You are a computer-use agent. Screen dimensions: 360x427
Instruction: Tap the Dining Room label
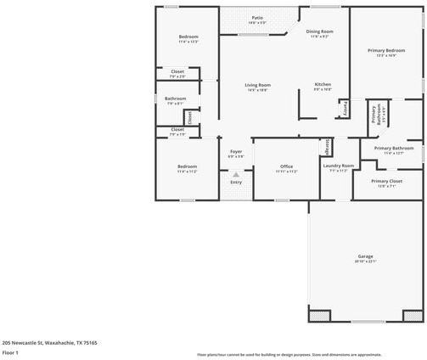[320, 31]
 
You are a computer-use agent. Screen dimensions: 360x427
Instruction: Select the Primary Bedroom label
[386, 51]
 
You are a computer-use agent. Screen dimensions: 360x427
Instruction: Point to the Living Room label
[258, 85]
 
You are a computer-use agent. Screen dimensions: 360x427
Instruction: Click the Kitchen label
[323, 85]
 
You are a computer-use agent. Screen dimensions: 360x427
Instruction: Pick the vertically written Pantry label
[345, 109]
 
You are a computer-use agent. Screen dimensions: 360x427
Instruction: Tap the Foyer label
[236, 151]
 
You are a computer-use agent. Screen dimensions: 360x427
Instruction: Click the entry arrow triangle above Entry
[236, 173]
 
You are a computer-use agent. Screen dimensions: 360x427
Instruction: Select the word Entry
[236, 182]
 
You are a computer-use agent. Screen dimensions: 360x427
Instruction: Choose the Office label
[285, 166]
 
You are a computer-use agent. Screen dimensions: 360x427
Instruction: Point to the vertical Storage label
[327, 146]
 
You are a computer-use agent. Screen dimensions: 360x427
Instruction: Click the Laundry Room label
[338, 166]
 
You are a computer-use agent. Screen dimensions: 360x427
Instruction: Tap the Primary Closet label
[386, 181]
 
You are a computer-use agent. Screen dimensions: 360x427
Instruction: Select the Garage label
[365, 256]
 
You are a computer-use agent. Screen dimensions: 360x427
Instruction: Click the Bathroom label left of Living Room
[176, 98]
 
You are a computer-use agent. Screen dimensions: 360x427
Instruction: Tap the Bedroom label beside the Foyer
[187, 166]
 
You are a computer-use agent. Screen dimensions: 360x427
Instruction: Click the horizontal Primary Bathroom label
[386, 149]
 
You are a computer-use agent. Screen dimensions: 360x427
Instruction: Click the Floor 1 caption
[10, 352]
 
